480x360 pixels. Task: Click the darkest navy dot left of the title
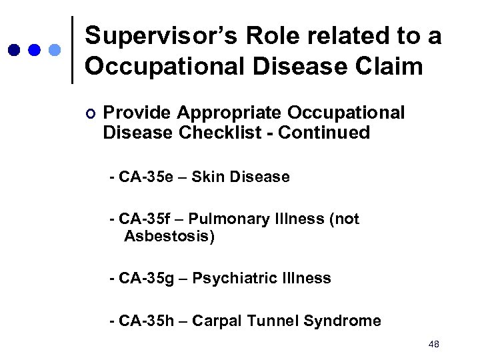click(13, 51)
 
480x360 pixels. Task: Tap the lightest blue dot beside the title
click(55, 51)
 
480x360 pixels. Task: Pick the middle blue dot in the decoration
click(35, 51)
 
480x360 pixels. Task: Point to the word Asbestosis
click(169, 237)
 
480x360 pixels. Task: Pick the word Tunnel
click(273, 321)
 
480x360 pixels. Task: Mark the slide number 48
click(434, 344)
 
